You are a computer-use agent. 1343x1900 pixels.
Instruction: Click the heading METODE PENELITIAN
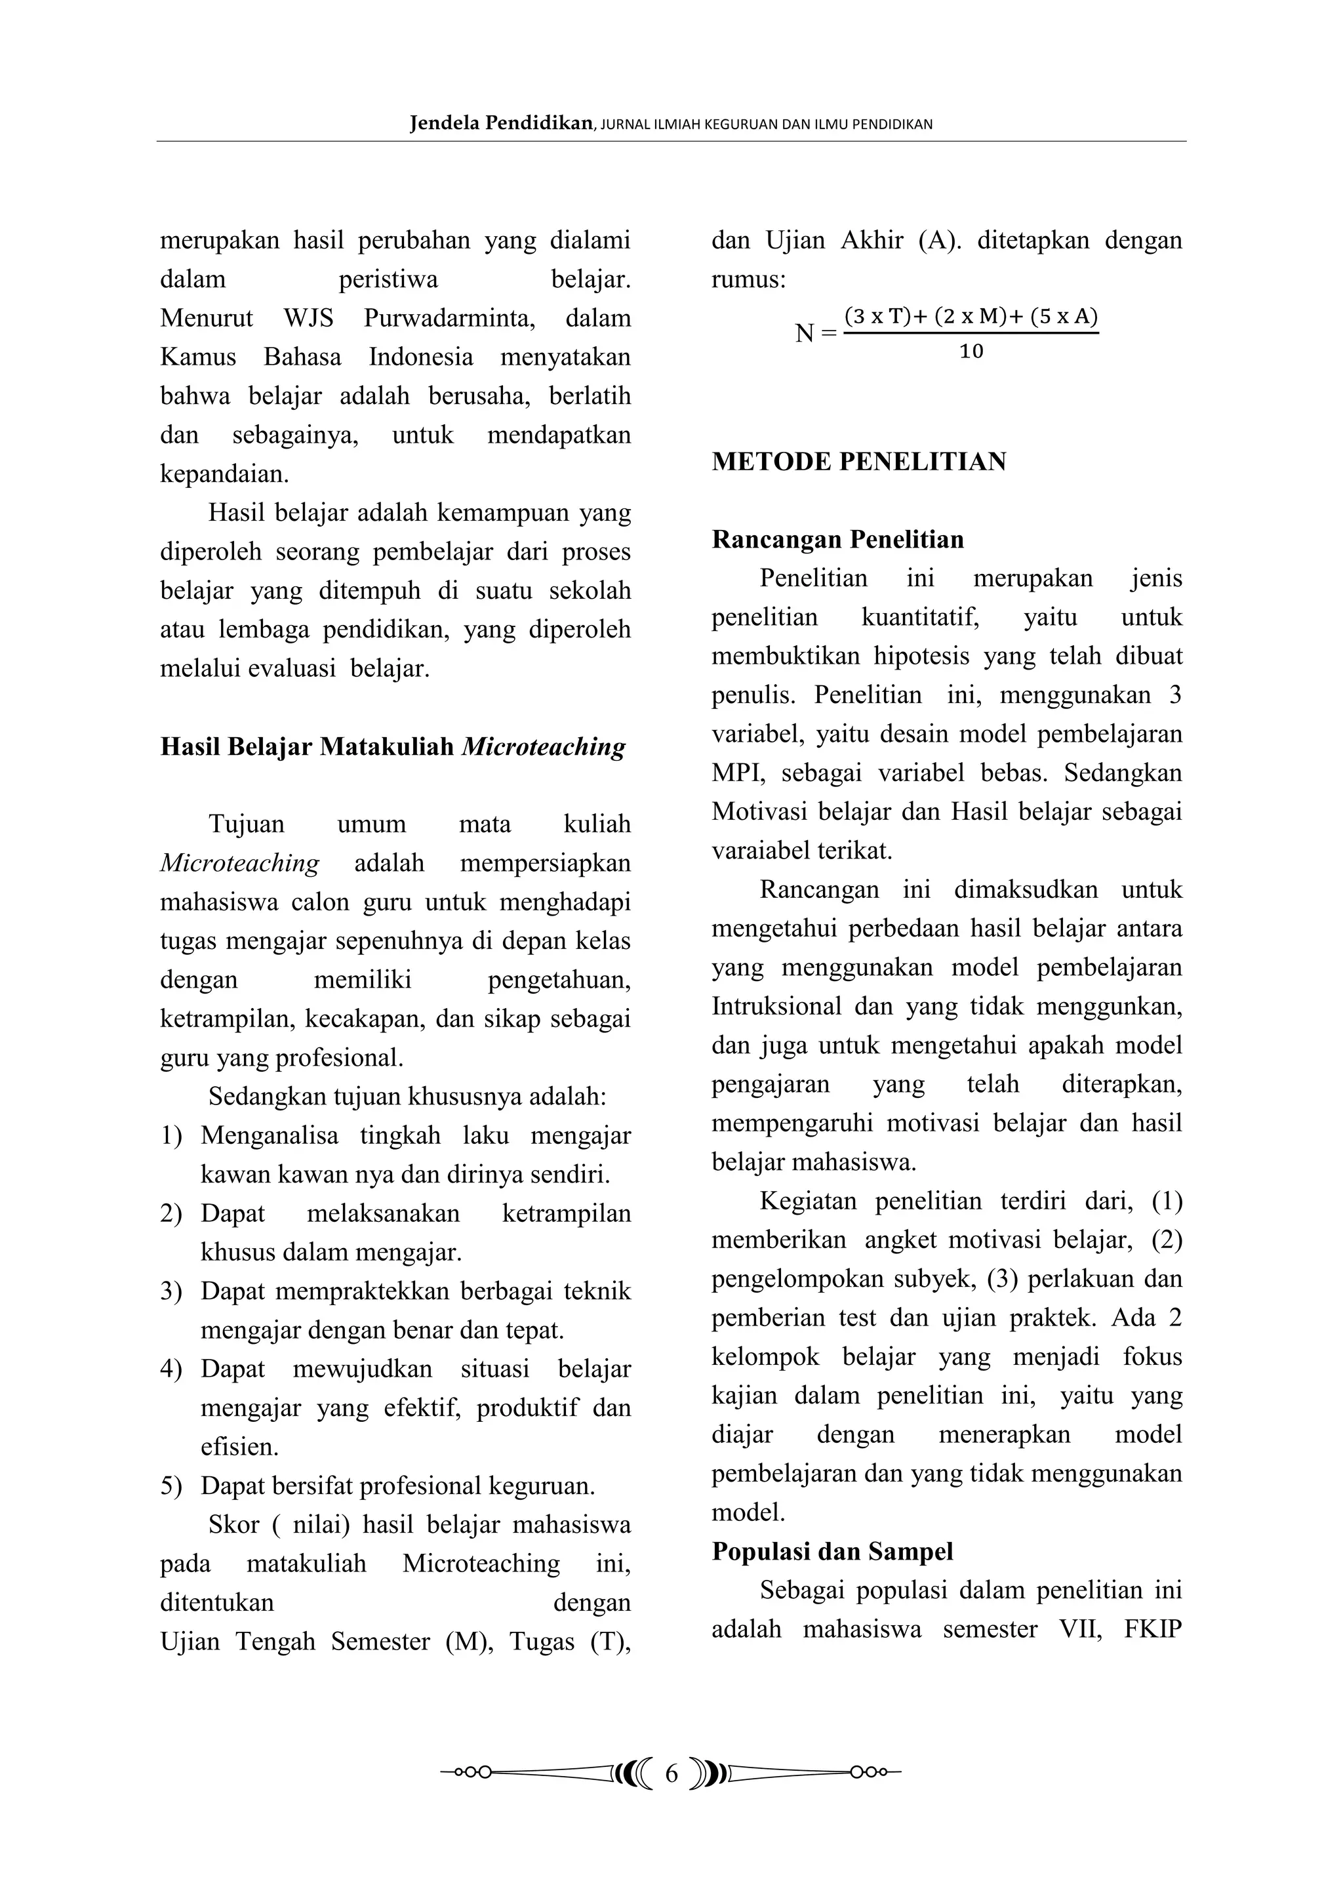[x=858, y=462]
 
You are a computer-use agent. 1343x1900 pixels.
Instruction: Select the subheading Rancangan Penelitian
[x=837, y=540]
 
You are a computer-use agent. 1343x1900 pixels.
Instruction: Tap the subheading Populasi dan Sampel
[x=832, y=1551]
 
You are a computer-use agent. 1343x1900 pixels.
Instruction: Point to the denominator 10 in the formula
[x=971, y=352]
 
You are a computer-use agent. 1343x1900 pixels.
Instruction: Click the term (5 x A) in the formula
[x=1064, y=316]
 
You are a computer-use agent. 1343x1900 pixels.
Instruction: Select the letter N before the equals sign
[x=805, y=333]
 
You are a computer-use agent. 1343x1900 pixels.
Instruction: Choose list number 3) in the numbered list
[x=170, y=1292]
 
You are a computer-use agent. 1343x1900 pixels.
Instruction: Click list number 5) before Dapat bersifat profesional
[x=170, y=1486]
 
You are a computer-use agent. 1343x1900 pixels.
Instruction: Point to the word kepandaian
[x=224, y=474]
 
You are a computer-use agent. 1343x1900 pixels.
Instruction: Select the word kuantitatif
[x=920, y=617]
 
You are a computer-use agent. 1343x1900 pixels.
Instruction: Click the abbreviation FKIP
[x=1153, y=1628]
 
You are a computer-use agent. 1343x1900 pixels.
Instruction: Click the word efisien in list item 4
[x=239, y=1447]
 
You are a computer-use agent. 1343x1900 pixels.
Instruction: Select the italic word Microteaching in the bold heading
[x=543, y=747]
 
